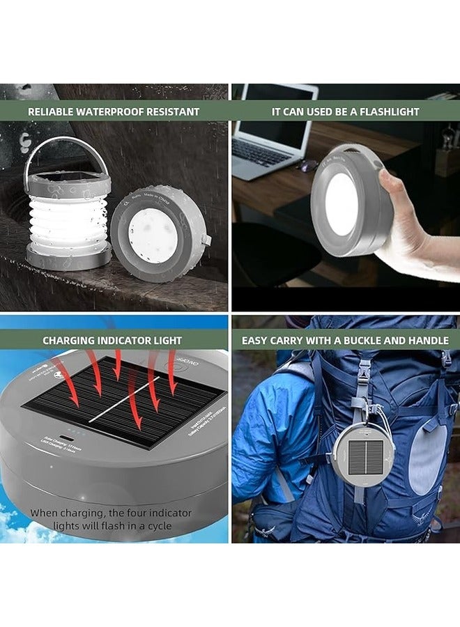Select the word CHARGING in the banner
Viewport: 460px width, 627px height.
click(70, 341)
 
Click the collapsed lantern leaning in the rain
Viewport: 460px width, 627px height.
click(158, 233)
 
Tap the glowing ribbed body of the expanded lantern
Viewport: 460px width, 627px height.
click(68, 219)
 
